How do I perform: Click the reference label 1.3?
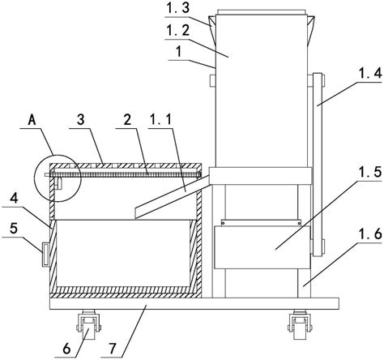pyautogui.click(x=178, y=8)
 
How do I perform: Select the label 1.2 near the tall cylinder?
pyautogui.click(x=178, y=31)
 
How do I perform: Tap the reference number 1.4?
pyautogui.click(x=370, y=74)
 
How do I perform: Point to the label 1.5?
pyautogui.click(x=370, y=173)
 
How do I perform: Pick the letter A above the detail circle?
pyautogui.click(x=32, y=120)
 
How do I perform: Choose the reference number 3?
pyautogui.click(x=81, y=120)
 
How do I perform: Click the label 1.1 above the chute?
pyautogui.click(x=160, y=119)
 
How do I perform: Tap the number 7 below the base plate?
pyautogui.click(x=113, y=349)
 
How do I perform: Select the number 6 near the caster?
pyautogui.click(x=66, y=349)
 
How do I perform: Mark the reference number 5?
pyautogui.click(x=14, y=229)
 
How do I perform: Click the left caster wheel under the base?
pyautogui.click(x=89, y=325)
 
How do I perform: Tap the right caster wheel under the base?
pyautogui.click(x=300, y=325)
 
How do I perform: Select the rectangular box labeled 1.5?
pyautogui.click(x=262, y=247)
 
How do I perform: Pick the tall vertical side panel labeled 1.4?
pyautogui.click(x=318, y=165)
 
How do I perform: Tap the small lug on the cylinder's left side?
pyautogui.click(x=212, y=81)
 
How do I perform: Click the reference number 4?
pyautogui.click(x=14, y=199)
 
